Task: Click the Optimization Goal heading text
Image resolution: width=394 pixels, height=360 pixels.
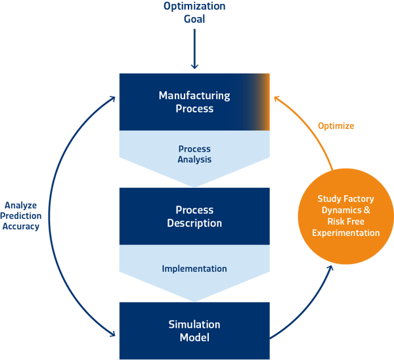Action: (x=194, y=12)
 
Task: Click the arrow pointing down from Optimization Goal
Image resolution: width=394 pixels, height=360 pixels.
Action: (x=194, y=47)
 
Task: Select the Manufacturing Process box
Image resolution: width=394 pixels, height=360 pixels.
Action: (x=194, y=102)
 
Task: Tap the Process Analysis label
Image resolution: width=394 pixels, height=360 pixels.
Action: (x=194, y=154)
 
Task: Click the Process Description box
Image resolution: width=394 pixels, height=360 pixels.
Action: (x=194, y=216)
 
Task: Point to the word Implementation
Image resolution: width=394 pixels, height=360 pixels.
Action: (x=194, y=269)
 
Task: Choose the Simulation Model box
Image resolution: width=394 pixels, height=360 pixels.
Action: (x=194, y=330)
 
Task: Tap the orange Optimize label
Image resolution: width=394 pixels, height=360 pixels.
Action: (x=336, y=125)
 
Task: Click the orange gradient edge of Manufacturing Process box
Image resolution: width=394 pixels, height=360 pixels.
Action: (x=263, y=102)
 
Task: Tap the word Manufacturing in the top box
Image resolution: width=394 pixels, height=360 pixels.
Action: (x=194, y=96)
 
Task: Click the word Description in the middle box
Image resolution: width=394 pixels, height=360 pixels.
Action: (x=194, y=223)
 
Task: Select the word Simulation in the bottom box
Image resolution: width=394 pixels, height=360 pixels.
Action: (x=194, y=325)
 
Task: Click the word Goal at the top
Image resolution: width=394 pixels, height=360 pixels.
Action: (x=194, y=18)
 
